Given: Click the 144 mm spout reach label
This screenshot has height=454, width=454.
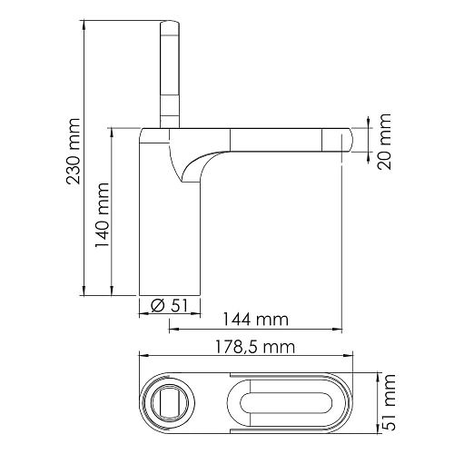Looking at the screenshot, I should [256, 320].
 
